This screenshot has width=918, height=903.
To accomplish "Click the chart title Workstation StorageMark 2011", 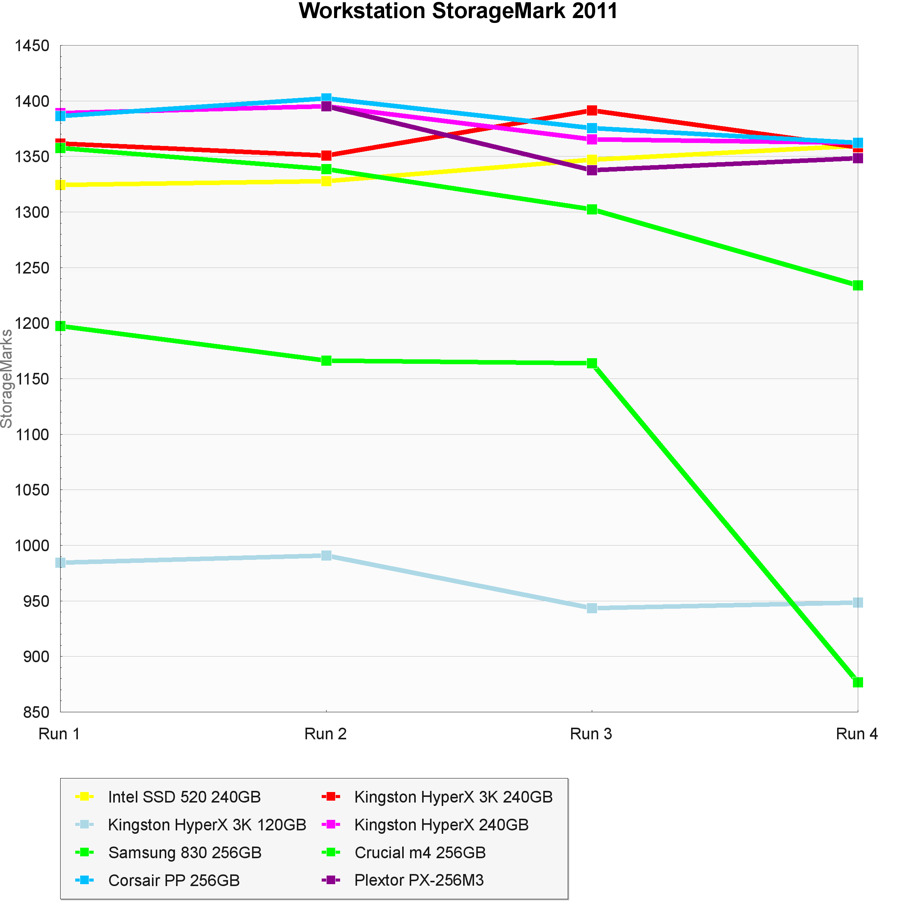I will (x=458, y=11).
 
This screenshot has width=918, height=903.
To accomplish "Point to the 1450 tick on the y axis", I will (x=32, y=46).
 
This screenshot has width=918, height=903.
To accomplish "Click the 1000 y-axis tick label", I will (x=32, y=546).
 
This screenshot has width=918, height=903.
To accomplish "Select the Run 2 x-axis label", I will (x=325, y=734).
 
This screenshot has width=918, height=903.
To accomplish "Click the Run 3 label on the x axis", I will (x=591, y=734).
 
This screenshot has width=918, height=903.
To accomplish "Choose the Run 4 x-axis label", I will (x=856, y=734).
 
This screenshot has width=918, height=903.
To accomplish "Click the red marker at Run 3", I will (x=592, y=111).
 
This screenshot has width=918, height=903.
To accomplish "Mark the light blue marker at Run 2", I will (x=326, y=555).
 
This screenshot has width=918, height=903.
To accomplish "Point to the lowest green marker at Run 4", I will (x=857, y=682).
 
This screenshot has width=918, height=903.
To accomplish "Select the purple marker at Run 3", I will (x=592, y=170).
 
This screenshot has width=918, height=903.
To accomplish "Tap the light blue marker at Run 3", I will (x=592, y=608).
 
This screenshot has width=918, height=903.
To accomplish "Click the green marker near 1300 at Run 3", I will (x=592, y=209).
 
